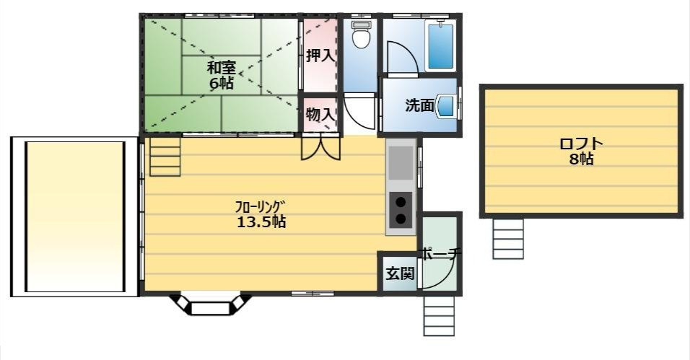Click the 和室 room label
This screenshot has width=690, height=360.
click(x=221, y=68)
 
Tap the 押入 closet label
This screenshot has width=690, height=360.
click(x=319, y=56)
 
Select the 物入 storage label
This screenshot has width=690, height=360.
click(x=319, y=114)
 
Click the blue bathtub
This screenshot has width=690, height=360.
click(x=440, y=45)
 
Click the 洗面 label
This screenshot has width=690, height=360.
click(x=419, y=105)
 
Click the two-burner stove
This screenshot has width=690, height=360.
click(x=400, y=210)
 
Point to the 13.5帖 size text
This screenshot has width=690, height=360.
click(x=261, y=221)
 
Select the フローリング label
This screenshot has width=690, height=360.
click(x=261, y=206)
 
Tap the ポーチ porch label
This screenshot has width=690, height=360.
click(x=440, y=254)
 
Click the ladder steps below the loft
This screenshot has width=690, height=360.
click(x=508, y=237)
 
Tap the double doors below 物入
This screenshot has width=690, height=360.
click(x=320, y=147)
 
